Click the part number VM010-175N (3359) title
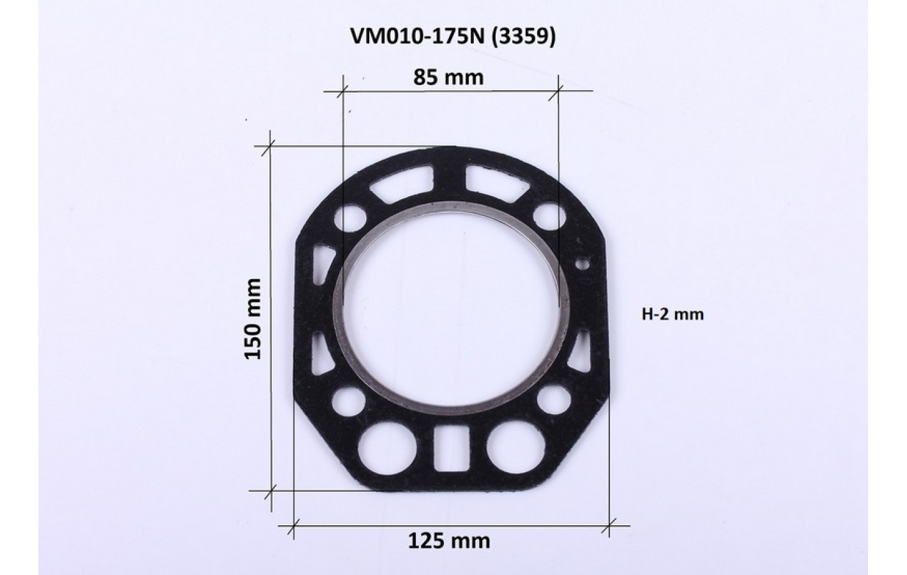tap(453, 37)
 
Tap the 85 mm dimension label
tap(448, 77)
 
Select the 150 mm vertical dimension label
tap(253, 319)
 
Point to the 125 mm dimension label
tap(448, 541)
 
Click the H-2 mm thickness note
tap(673, 314)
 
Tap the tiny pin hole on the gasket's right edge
tap(583, 264)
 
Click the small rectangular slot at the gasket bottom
tap(451, 448)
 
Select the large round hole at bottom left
tap(388, 448)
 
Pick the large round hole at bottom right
tap(515, 447)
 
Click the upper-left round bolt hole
tap(350, 218)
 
